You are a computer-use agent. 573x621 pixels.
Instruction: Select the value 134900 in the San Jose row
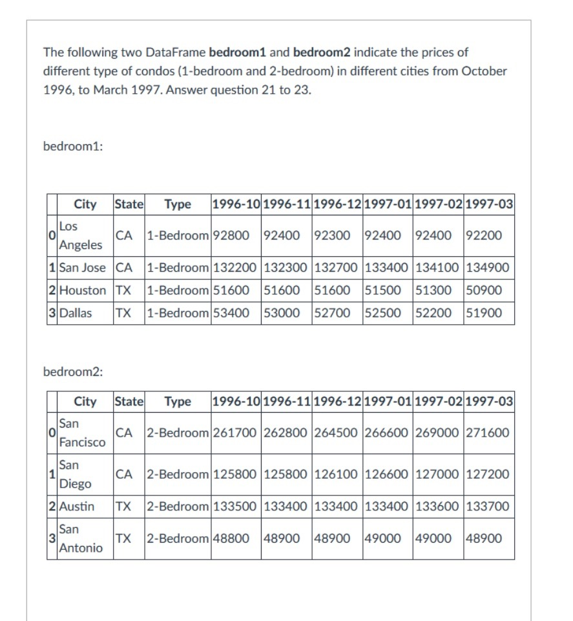coord(487,267)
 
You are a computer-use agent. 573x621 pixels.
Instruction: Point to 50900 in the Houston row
coord(483,290)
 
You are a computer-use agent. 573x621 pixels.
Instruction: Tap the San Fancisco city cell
coord(81,433)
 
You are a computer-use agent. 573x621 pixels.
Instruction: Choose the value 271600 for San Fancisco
coord(487,432)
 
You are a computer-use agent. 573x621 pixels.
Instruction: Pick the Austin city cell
coord(77,506)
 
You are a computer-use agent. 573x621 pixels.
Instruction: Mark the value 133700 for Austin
coord(487,506)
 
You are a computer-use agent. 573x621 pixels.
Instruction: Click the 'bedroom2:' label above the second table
coord(74,371)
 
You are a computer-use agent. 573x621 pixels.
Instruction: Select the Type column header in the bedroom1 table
coord(178,204)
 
